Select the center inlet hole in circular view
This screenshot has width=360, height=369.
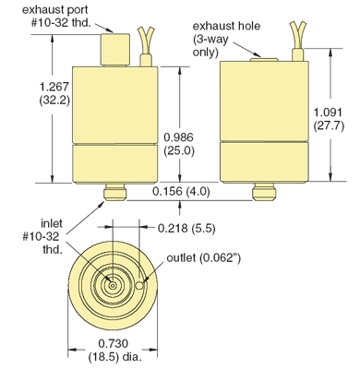coord(111,286)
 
